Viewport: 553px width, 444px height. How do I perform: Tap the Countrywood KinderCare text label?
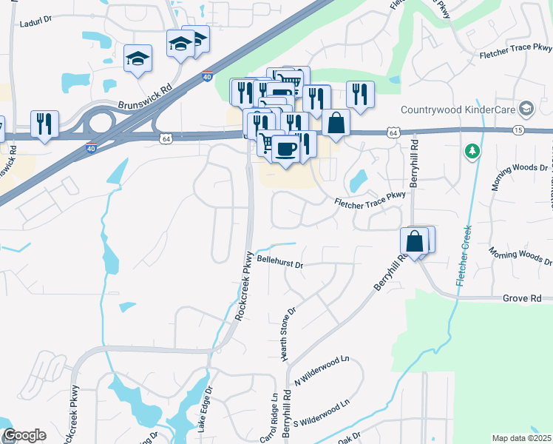(x=458, y=110)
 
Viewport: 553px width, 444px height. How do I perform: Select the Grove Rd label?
(x=522, y=298)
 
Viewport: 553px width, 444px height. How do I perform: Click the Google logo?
(x=24, y=435)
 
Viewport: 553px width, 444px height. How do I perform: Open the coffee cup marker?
(x=285, y=148)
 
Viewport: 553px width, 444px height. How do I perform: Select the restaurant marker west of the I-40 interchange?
(x=44, y=124)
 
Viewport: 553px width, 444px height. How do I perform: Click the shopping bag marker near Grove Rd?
(x=414, y=241)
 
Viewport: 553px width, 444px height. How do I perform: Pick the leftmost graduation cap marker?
(x=138, y=59)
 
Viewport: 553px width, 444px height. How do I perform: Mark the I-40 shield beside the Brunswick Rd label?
(x=207, y=76)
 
